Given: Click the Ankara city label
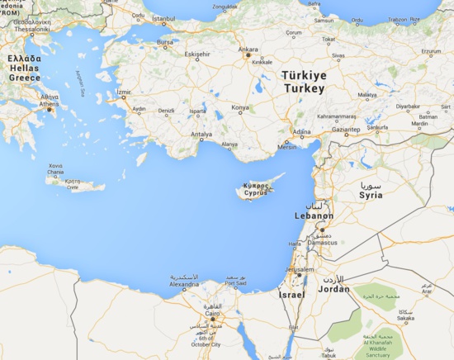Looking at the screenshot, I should click(x=248, y=49).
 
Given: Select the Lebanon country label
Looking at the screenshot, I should click(x=314, y=216).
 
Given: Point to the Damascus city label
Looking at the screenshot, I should click(x=322, y=242).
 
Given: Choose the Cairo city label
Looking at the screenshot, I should click(x=212, y=313).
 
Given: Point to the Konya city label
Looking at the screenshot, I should click(x=239, y=107).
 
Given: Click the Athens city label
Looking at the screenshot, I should click(x=49, y=104).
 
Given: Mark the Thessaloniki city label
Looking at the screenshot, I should click(x=31, y=29).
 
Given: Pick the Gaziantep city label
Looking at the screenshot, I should click(x=346, y=130).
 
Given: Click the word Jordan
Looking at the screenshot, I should click(x=333, y=289).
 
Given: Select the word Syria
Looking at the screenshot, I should click(x=371, y=196).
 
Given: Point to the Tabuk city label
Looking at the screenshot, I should click(x=329, y=355).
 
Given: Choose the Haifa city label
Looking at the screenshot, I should click(x=295, y=244).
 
